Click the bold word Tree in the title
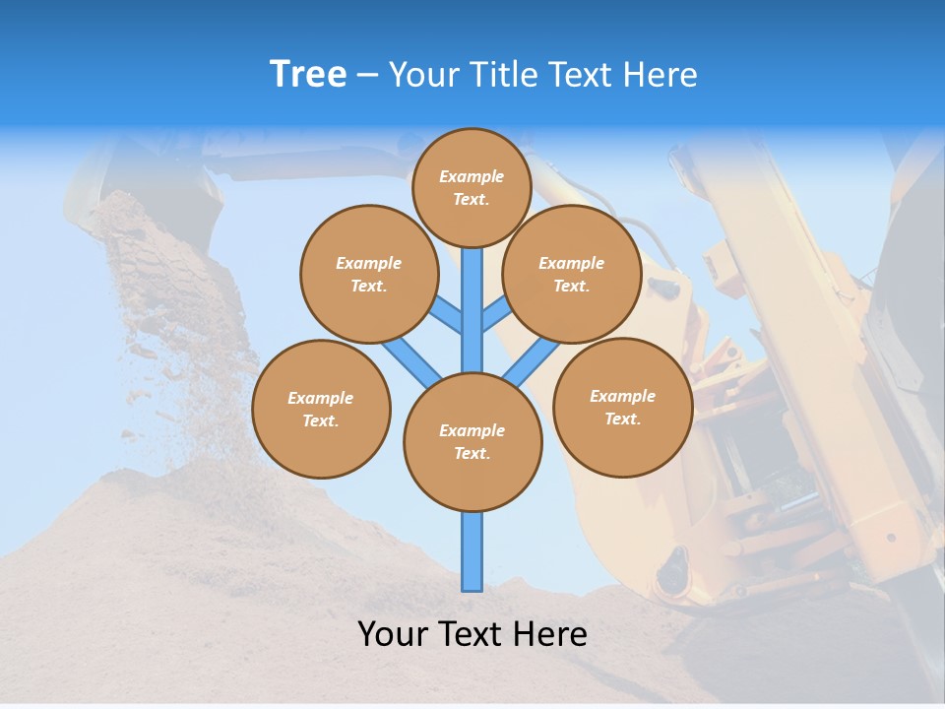pyautogui.click(x=308, y=74)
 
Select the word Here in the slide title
pyautogui.click(x=660, y=74)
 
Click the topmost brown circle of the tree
pyautogui.click(x=472, y=187)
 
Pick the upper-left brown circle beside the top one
pyautogui.click(x=368, y=274)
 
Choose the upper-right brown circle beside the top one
pyautogui.click(x=572, y=274)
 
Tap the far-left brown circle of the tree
pyautogui.click(x=321, y=409)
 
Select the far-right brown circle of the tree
pyautogui.click(x=622, y=407)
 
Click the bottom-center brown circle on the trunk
pyautogui.click(x=472, y=442)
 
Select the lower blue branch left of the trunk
pyautogui.click(x=411, y=362)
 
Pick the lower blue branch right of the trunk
pyautogui.click(x=532, y=362)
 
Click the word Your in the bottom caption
pyautogui.click(x=392, y=634)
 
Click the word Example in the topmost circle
pyautogui.click(x=472, y=176)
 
